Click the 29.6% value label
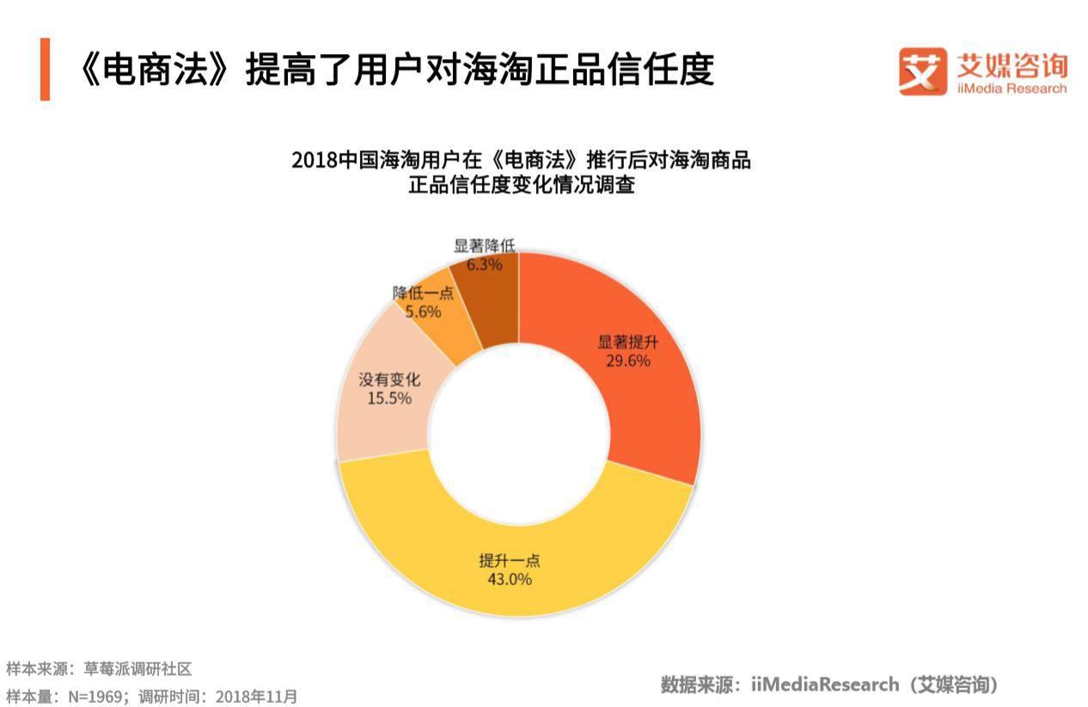click(627, 361)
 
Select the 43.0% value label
click(510, 580)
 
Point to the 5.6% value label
click(423, 312)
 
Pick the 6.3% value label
click(484, 265)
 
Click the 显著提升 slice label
click(628, 342)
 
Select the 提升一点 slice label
click(510, 561)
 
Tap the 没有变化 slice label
click(389, 380)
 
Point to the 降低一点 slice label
click(423, 293)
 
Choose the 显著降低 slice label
click(485, 247)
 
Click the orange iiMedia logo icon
click(922, 70)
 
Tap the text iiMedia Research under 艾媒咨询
click(1012, 88)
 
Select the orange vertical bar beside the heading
click(45, 69)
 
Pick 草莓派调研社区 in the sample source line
click(138, 668)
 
